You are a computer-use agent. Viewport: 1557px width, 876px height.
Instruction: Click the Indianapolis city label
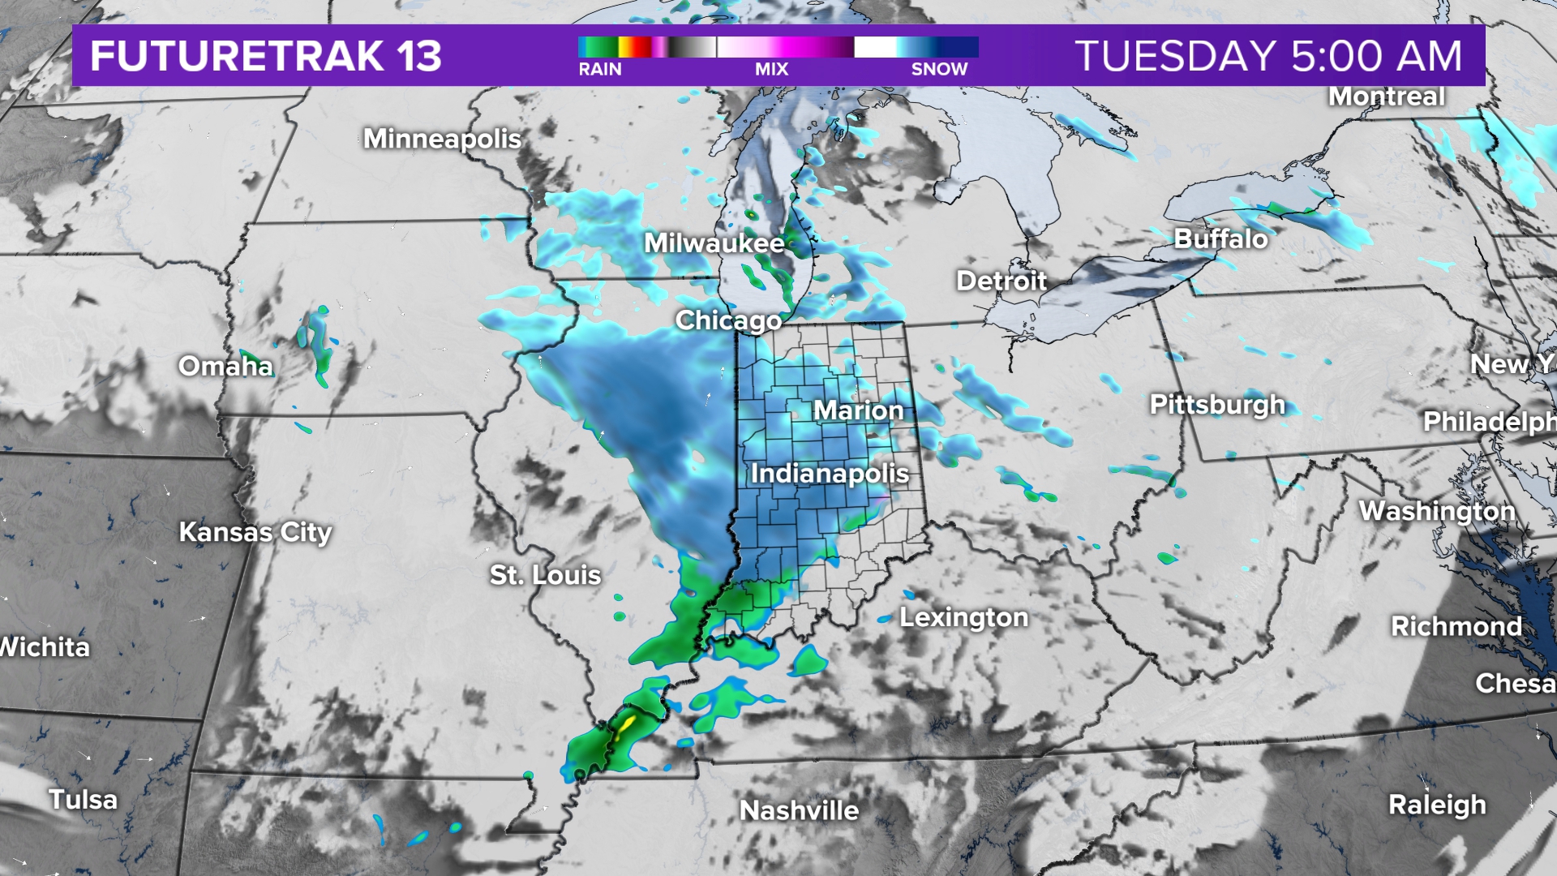[x=830, y=473]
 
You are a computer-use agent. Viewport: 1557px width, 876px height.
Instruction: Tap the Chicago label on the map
[x=728, y=320]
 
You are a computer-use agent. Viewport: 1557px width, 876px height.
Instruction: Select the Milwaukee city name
[x=714, y=243]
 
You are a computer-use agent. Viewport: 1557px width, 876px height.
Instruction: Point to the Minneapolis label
[x=442, y=139]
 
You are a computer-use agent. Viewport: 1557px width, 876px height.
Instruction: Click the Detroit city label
[x=1002, y=281]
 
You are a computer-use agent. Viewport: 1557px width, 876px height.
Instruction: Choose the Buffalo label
[x=1220, y=238]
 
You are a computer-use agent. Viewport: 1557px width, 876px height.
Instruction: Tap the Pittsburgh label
[x=1217, y=404]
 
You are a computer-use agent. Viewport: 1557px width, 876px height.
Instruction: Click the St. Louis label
[x=545, y=575]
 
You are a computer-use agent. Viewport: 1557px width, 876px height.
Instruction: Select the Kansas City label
[x=255, y=532]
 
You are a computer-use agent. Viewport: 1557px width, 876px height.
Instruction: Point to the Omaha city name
[x=225, y=366]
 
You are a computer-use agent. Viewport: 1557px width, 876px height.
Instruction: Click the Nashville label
[x=799, y=810]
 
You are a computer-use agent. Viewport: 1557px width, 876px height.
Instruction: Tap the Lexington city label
[x=963, y=617]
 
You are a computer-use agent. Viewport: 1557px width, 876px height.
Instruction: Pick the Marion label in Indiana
[x=858, y=410]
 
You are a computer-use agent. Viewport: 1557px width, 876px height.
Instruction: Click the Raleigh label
[x=1437, y=805]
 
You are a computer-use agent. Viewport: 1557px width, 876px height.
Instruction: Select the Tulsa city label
[x=83, y=800]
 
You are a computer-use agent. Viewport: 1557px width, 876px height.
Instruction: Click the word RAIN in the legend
[x=600, y=70]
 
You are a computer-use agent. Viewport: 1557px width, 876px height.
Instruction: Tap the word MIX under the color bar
[x=771, y=70]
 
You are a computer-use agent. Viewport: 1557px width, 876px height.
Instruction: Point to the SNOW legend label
[x=939, y=70]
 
